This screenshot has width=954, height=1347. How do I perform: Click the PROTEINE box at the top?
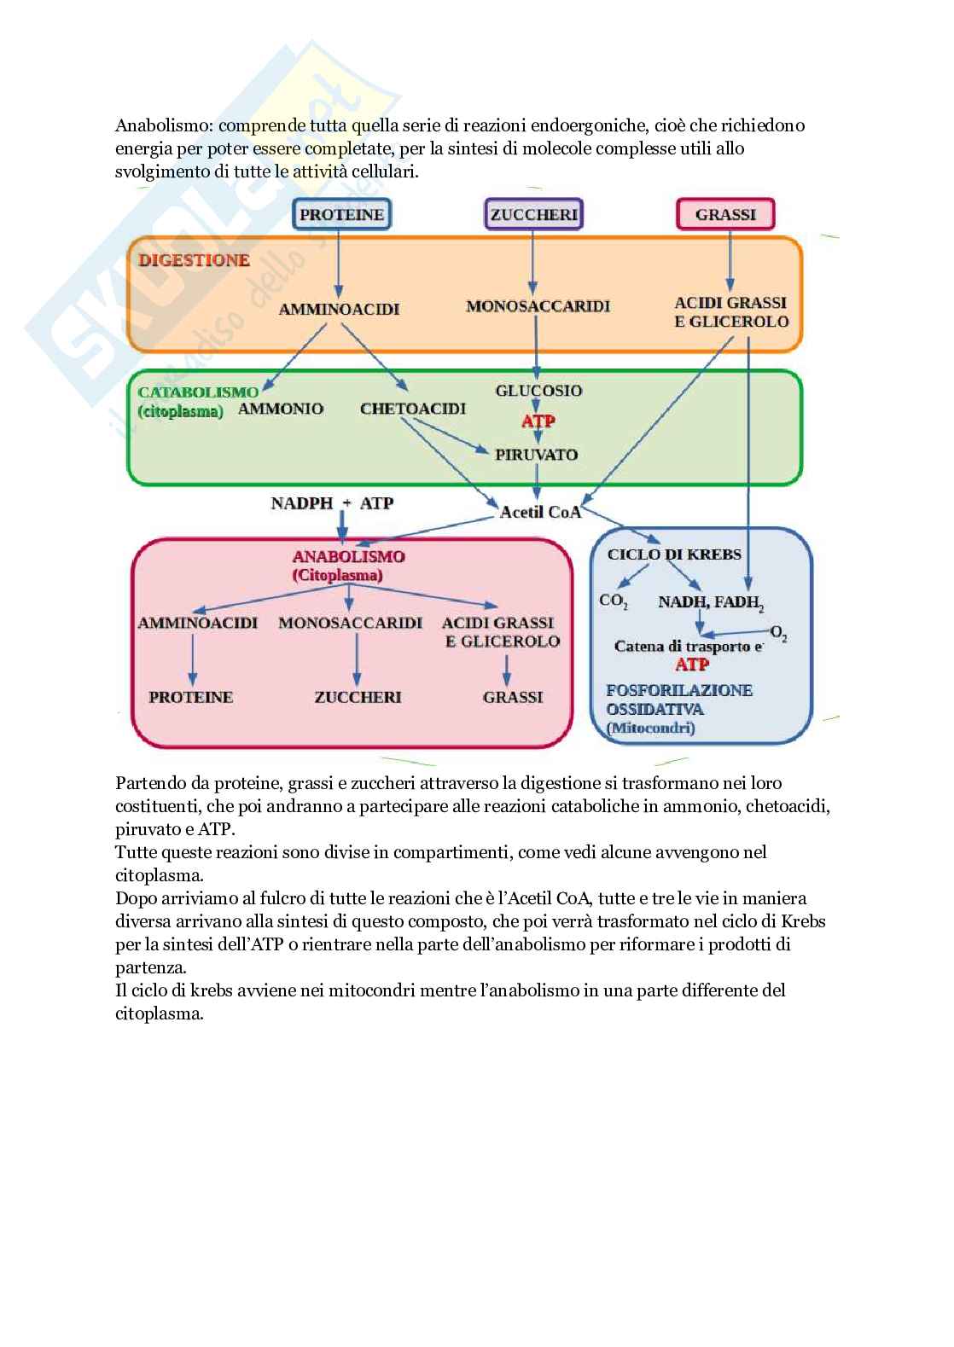pyautogui.click(x=341, y=214)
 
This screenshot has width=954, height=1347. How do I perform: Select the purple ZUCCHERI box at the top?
pyautogui.click(x=534, y=214)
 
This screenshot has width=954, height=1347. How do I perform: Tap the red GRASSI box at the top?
pyautogui.click(x=725, y=214)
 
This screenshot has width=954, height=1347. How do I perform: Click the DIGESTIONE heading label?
pyautogui.click(x=194, y=260)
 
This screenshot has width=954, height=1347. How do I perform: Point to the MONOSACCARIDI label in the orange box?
pyautogui.click(x=538, y=306)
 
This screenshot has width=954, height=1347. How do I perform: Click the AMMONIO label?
pyautogui.click(x=281, y=409)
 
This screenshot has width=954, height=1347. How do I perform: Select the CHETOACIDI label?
pyautogui.click(x=413, y=409)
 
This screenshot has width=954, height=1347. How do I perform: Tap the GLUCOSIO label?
pyautogui.click(x=538, y=391)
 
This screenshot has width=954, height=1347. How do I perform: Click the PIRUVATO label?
pyautogui.click(x=537, y=455)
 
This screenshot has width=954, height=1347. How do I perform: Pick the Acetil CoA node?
pyautogui.click(x=540, y=512)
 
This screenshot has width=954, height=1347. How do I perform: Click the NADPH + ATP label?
pyautogui.click(x=332, y=503)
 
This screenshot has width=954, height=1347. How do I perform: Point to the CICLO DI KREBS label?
pyautogui.click(x=674, y=554)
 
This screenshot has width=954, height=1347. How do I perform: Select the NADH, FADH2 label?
pyautogui.click(x=710, y=602)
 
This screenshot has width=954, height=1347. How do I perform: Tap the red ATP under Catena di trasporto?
pyautogui.click(x=692, y=665)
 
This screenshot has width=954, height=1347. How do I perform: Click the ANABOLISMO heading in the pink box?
pyautogui.click(x=348, y=557)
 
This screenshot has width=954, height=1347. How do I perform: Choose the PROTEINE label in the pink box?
pyautogui.click(x=190, y=697)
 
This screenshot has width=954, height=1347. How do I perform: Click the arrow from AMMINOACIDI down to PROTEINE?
pyautogui.click(x=192, y=660)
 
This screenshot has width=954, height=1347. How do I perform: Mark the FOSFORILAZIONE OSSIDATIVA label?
pyautogui.click(x=678, y=700)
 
